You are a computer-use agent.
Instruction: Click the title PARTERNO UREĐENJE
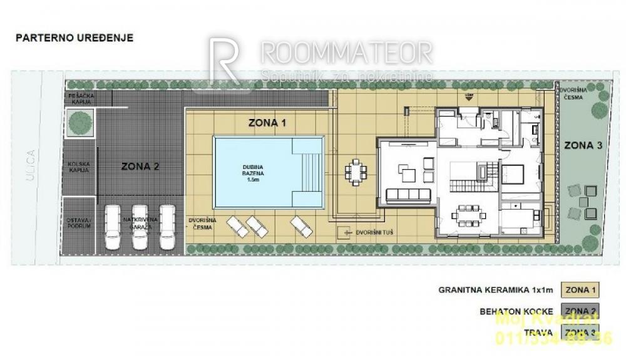click(74, 38)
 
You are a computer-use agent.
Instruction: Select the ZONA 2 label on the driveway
click(140, 167)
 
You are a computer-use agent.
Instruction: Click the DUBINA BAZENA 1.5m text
click(252, 172)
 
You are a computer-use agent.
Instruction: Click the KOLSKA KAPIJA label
click(80, 167)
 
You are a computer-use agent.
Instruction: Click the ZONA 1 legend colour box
click(580, 291)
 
